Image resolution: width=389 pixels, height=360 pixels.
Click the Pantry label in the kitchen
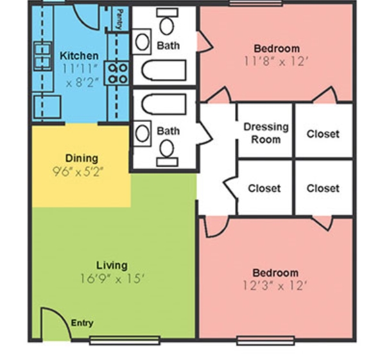[120, 19]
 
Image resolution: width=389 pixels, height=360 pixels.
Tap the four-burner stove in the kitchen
[117, 73]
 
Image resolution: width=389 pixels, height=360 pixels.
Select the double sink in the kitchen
[43, 56]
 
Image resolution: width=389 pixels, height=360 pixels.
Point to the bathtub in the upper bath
[164, 70]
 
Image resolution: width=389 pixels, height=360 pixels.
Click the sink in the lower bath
[142, 133]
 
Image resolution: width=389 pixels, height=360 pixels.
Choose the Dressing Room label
[266, 133]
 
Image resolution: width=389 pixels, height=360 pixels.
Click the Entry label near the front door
[82, 323]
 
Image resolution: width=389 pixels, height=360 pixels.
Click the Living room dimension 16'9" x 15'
[112, 279]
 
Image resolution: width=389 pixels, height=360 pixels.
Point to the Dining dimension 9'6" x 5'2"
[78, 171]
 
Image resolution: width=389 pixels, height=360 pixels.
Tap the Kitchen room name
[79, 56]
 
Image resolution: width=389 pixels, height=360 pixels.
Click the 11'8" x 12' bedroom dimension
[277, 61]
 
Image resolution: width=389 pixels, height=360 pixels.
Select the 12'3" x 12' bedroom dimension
[275, 286]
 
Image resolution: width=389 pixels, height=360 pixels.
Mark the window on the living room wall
[125, 340]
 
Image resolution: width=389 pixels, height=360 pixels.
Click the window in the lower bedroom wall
[266, 341]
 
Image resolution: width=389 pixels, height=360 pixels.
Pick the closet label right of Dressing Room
[323, 134]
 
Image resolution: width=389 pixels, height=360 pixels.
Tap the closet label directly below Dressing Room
[264, 189]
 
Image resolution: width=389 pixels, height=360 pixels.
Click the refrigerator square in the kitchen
[48, 107]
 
